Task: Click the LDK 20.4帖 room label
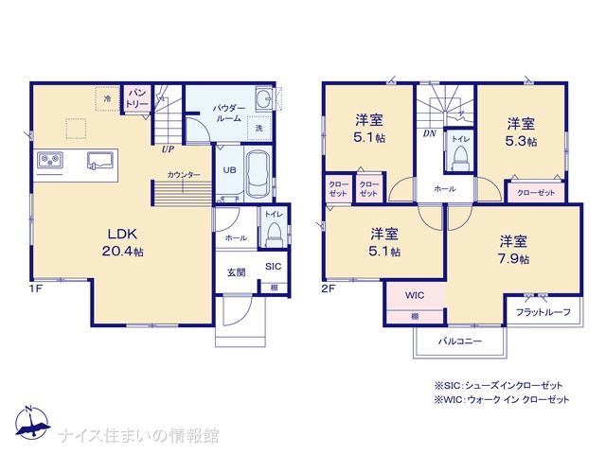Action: click(x=122, y=242)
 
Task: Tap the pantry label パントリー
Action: click(x=136, y=98)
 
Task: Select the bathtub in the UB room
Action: click(x=258, y=173)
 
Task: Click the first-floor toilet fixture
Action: click(x=274, y=235)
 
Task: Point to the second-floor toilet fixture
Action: click(x=460, y=159)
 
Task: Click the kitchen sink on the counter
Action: click(x=100, y=161)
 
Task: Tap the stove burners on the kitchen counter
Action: click(x=50, y=160)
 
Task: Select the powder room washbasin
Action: click(x=263, y=99)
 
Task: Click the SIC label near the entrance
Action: click(x=274, y=267)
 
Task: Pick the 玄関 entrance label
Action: click(x=236, y=272)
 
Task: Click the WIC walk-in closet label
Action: click(x=415, y=296)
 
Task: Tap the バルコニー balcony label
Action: click(x=460, y=341)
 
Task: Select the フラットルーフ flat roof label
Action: click(x=543, y=312)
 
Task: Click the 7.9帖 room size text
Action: click(x=513, y=258)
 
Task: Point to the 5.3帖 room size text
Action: click(x=521, y=141)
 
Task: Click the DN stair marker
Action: click(x=429, y=133)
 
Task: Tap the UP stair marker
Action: click(x=168, y=149)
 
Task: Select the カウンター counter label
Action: click(x=184, y=175)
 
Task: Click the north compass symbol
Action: click(x=32, y=423)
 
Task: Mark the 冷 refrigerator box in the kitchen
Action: click(x=107, y=98)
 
